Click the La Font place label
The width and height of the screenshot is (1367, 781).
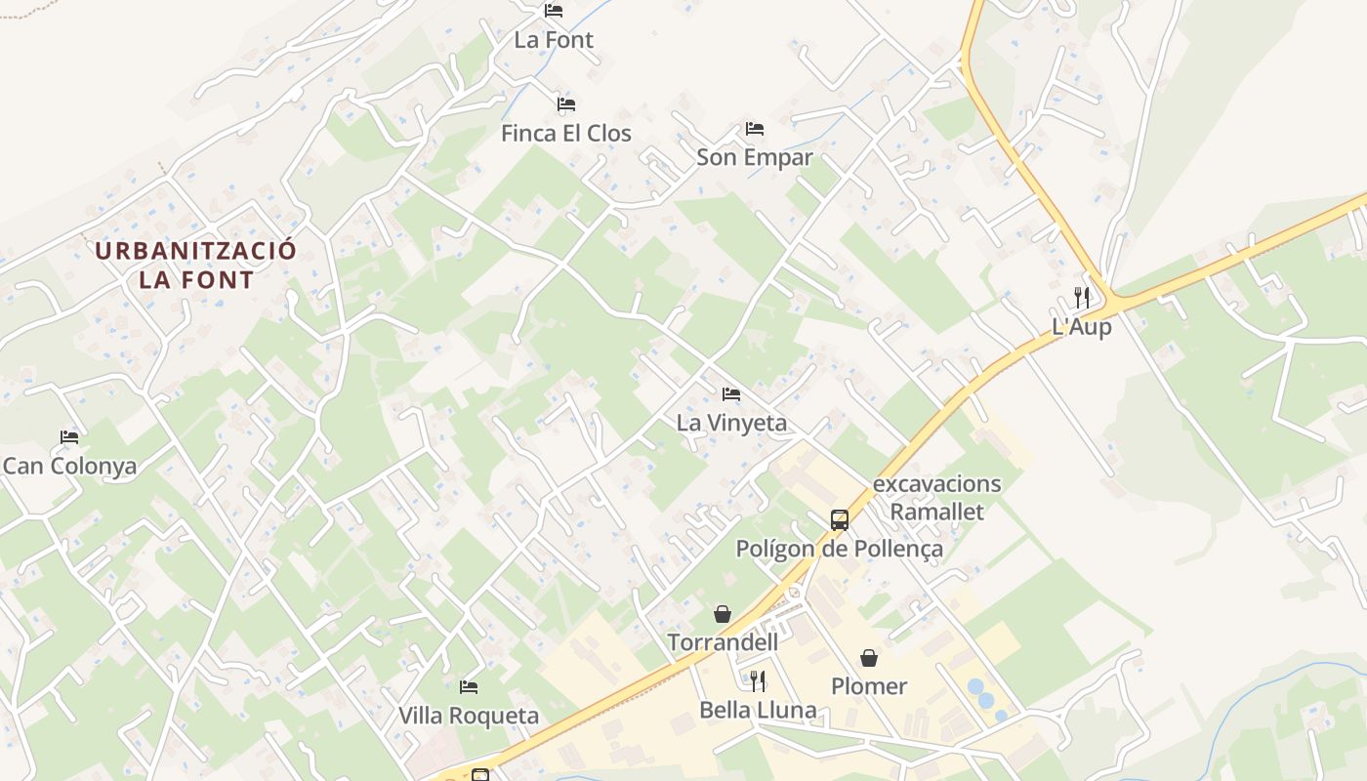(554, 40)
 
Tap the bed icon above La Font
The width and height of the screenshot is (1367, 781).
(554, 11)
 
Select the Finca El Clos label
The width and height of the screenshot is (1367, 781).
(566, 133)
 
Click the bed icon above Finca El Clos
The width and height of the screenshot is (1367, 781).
(566, 103)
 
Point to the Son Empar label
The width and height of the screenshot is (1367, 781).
(754, 157)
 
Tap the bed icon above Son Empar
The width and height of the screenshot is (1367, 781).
(754, 128)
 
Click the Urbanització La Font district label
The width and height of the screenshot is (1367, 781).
(195, 265)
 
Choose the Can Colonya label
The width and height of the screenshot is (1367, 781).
(69, 466)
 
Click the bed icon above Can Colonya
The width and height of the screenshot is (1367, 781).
(68, 436)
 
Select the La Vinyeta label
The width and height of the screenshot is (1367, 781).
(731, 423)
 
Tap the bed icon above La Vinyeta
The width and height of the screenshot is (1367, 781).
(730, 393)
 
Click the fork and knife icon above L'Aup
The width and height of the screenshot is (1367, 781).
(1082, 297)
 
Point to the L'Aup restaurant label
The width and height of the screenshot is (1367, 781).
(1082, 327)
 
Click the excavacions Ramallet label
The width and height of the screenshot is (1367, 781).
(936, 497)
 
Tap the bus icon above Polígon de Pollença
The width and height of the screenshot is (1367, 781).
(840, 519)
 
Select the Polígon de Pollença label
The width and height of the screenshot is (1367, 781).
(840, 549)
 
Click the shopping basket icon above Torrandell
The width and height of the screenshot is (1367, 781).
(723, 613)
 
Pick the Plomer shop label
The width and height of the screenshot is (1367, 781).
(869, 686)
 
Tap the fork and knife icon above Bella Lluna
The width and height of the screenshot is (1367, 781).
(758, 679)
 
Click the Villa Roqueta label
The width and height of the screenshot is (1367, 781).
(469, 716)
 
